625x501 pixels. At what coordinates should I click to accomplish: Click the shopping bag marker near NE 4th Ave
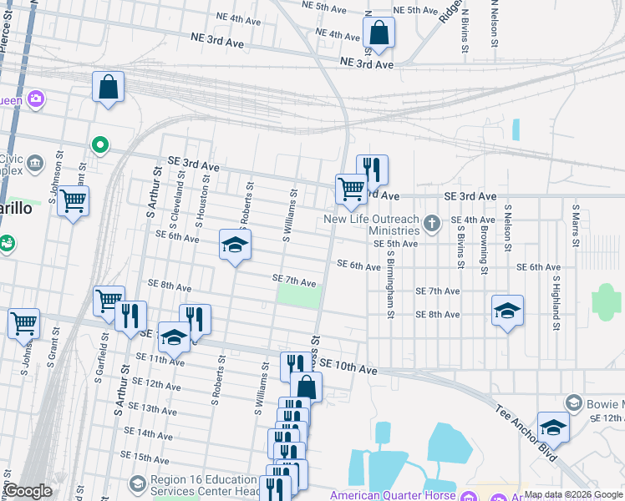click(x=379, y=34)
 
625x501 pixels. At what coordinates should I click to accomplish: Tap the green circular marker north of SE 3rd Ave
click(x=100, y=146)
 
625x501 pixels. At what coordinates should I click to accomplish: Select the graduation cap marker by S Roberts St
click(x=236, y=245)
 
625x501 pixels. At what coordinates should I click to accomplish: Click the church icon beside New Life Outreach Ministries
click(x=431, y=223)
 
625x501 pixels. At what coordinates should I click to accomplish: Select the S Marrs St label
click(x=576, y=224)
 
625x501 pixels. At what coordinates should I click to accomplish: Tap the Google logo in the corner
click(x=28, y=492)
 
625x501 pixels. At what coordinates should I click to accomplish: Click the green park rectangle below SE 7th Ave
click(x=299, y=297)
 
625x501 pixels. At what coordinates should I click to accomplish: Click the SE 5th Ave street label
click(x=395, y=244)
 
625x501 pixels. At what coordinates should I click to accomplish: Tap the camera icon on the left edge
click(x=35, y=99)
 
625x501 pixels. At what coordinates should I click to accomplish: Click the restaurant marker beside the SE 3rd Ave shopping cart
click(x=372, y=169)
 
